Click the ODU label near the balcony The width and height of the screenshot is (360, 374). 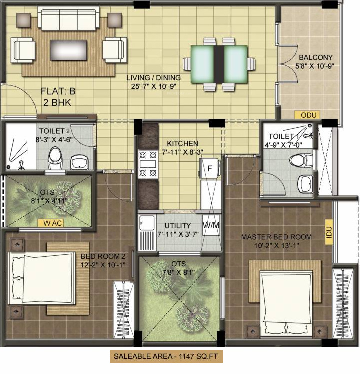point(306,115)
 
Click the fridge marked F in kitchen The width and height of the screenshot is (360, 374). point(210,168)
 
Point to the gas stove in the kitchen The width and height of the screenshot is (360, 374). point(148,164)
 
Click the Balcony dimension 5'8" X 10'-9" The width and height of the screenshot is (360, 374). point(314,65)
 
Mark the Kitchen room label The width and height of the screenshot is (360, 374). point(182,143)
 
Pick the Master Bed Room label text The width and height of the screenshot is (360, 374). point(276,237)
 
